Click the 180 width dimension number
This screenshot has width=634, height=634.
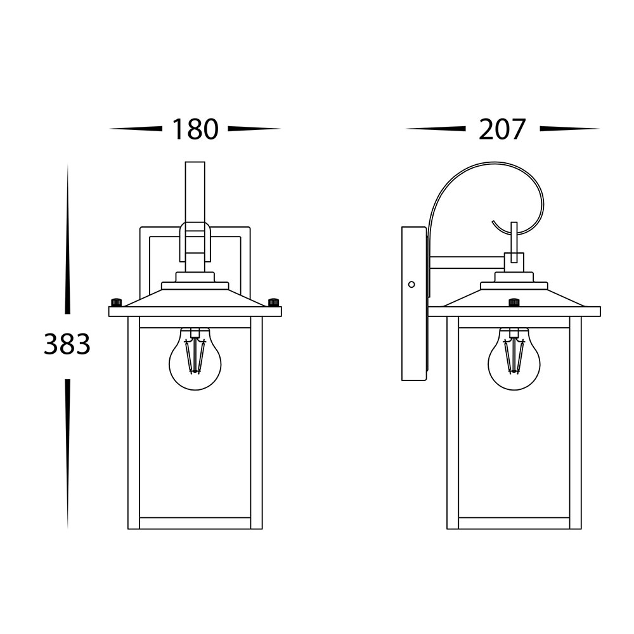point(195,129)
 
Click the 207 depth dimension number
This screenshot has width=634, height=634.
point(502,129)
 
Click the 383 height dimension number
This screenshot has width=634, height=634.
point(67,344)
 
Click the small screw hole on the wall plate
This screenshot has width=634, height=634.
point(411,285)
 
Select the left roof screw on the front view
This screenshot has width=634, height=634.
point(116,302)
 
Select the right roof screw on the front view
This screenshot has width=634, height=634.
point(274,302)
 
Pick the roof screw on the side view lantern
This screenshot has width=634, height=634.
point(514,302)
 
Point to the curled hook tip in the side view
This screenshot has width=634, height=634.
point(493,222)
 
